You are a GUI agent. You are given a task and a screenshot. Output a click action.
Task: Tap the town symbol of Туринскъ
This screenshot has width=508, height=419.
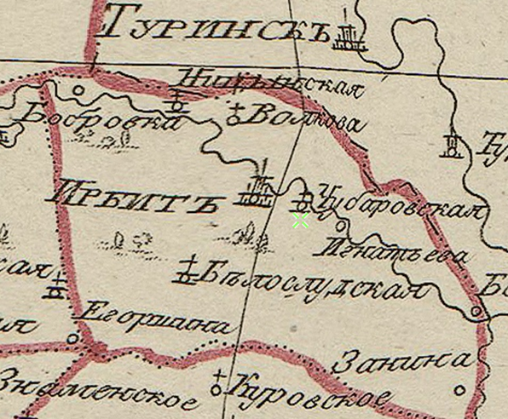pyautogui.click(x=349, y=37)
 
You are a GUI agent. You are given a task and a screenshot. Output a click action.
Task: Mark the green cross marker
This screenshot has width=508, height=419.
pyautogui.click(x=300, y=221)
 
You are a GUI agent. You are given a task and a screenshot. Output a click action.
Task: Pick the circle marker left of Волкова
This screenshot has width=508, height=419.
pyautogui.click(x=234, y=120)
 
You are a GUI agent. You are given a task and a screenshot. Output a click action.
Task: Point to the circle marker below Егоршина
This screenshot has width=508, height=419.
pyautogui.click(x=73, y=338)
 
